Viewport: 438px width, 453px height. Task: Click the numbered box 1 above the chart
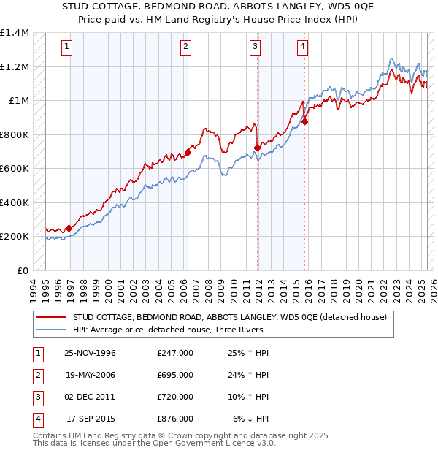coord(66,47)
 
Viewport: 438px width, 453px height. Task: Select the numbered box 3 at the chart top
coord(255,47)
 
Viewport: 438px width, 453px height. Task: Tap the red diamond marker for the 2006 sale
coord(188,152)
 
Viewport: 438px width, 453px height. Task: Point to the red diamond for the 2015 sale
coord(305,122)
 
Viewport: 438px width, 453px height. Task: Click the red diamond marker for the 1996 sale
coord(69,228)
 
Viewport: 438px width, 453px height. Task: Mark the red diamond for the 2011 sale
coord(257,148)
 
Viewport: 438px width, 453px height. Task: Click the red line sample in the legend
coord(52,317)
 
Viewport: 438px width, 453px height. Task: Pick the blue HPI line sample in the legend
coord(52,330)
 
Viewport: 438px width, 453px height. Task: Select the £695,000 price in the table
coord(175,376)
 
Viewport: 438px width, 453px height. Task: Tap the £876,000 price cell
coord(175,419)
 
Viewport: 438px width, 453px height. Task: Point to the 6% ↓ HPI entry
coord(251,419)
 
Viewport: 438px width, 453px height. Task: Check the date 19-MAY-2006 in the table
coord(90,376)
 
